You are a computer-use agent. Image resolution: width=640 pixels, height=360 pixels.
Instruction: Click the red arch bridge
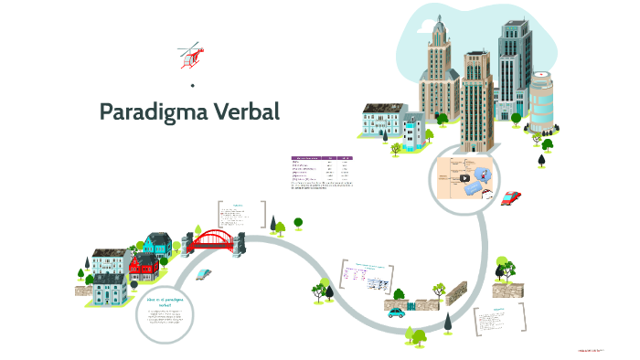click(x=213, y=240)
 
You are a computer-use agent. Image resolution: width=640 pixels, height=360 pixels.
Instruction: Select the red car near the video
click(x=511, y=197)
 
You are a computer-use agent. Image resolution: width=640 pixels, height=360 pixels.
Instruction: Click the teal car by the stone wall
click(x=396, y=312)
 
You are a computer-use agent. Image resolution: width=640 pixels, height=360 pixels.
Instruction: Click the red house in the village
click(x=144, y=268)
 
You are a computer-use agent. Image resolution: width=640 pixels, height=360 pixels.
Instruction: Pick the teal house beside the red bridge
click(x=158, y=244)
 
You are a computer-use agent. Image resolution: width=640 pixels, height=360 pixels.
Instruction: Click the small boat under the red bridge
click(x=207, y=273)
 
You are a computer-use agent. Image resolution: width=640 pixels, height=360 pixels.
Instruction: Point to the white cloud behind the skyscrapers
click(x=430, y=27)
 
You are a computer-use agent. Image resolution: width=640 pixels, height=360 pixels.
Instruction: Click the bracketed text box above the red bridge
click(x=241, y=214)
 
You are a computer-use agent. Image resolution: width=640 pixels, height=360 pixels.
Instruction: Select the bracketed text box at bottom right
click(x=500, y=321)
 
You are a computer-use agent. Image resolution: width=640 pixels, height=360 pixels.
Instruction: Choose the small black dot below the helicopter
click(x=193, y=86)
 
